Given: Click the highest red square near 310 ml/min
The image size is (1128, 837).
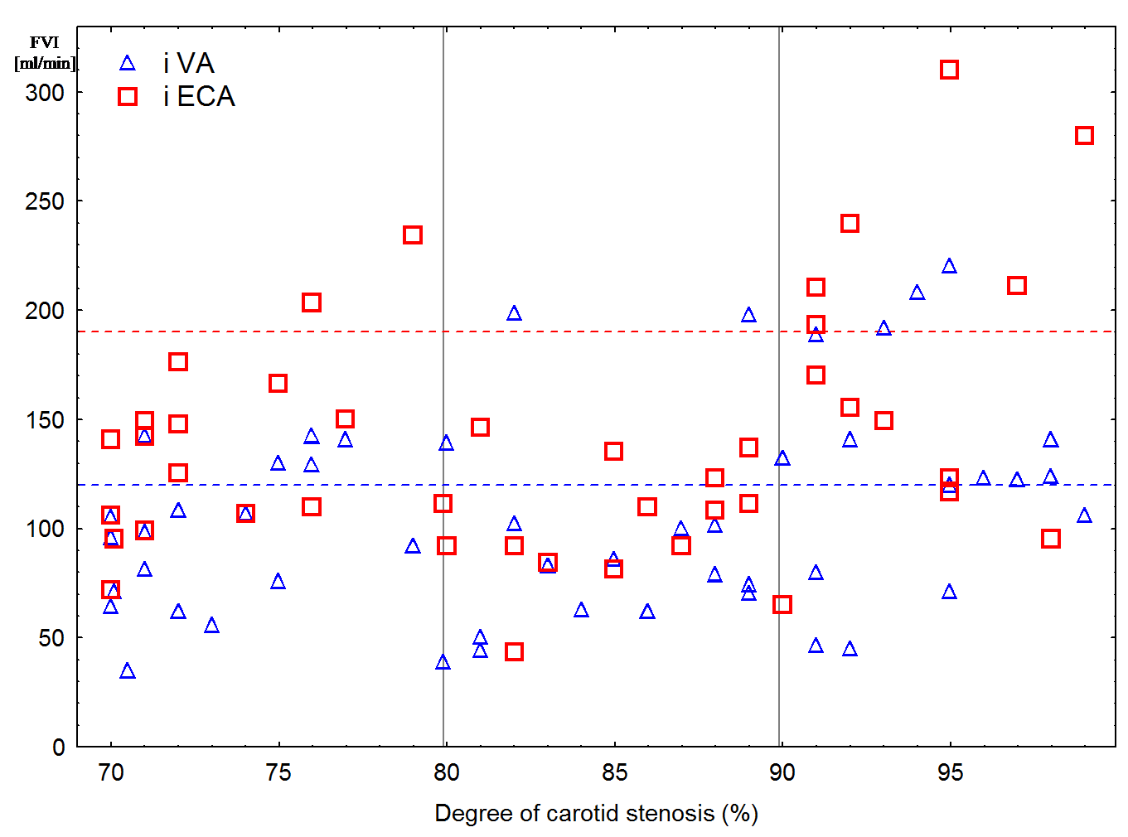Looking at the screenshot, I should (x=949, y=70).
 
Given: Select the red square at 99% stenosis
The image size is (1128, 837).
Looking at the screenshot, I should (x=1084, y=135).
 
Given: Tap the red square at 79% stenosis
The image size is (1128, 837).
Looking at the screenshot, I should (x=413, y=235).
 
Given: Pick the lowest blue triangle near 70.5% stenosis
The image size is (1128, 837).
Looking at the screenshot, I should (x=128, y=671).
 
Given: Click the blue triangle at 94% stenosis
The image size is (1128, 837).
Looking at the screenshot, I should (x=917, y=293).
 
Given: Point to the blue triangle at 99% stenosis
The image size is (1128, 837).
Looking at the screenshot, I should (x=1084, y=515).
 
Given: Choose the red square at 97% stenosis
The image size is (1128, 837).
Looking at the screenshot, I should (x=1017, y=286).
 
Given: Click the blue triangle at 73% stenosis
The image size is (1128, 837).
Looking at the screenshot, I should (x=211, y=626).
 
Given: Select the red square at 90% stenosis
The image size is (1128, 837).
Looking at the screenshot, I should (x=782, y=605).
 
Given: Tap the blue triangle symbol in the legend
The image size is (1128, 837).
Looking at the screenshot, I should (x=128, y=64).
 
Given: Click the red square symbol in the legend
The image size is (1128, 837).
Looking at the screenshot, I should (x=128, y=97).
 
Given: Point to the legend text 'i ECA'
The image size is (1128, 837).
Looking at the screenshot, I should (x=200, y=97).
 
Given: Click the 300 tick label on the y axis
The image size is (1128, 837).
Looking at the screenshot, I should (x=45, y=93).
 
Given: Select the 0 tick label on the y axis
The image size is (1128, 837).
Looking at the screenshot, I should (x=58, y=747).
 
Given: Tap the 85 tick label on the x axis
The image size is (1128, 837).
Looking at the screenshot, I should (x=614, y=773).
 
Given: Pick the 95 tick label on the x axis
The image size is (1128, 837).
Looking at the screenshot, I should (x=950, y=773).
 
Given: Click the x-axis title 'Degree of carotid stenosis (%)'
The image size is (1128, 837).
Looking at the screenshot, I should (x=596, y=814).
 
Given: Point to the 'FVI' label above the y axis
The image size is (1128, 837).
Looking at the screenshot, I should (x=45, y=43).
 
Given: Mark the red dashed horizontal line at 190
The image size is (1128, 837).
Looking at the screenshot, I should (x=580, y=331).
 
